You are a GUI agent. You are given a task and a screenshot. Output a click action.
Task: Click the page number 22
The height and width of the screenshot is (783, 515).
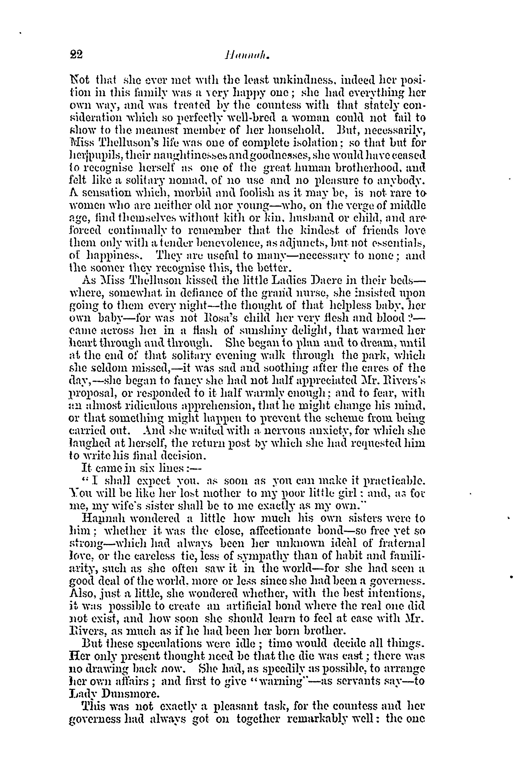pyautogui.click(x=76, y=54)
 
